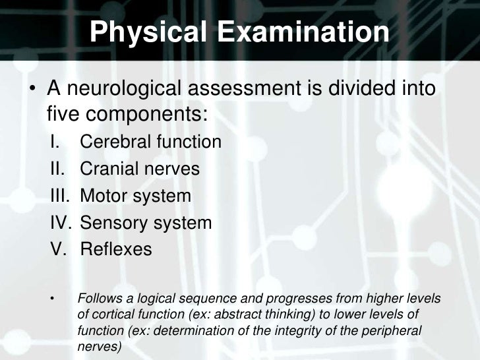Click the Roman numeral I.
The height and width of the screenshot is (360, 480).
[x=55, y=142]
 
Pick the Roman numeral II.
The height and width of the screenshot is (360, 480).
[x=57, y=169]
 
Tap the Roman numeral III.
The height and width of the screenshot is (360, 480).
[x=60, y=196]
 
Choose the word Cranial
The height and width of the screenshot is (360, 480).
[x=107, y=169]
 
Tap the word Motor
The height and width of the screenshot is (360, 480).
[x=103, y=196]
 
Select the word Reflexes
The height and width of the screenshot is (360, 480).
[x=115, y=251]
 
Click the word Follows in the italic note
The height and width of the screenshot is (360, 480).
[x=98, y=299]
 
